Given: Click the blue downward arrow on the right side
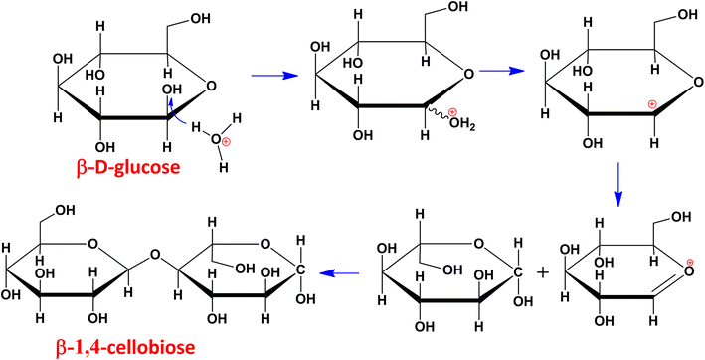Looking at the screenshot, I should [x=617, y=185].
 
